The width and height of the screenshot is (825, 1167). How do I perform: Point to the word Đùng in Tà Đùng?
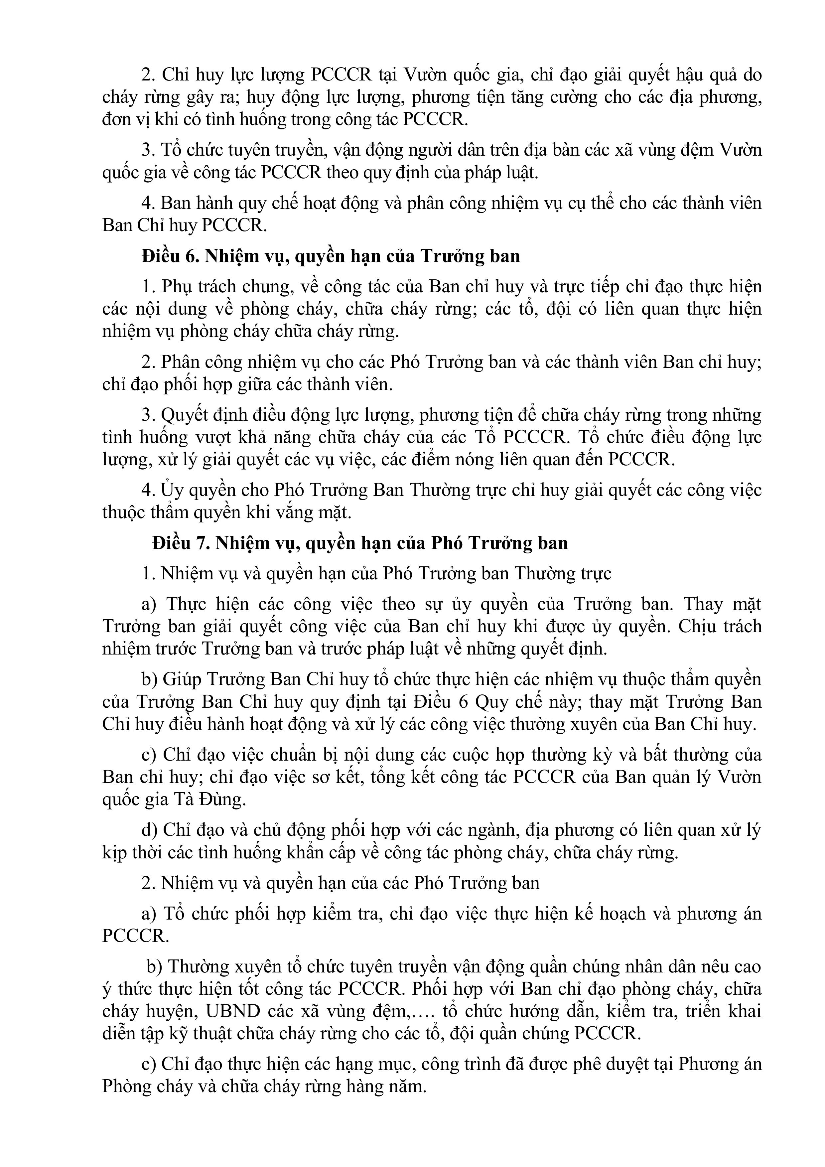pyautogui.click(x=226, y=800)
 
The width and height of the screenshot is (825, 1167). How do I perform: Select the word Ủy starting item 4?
pyautogui.click(x=170, y=490)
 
